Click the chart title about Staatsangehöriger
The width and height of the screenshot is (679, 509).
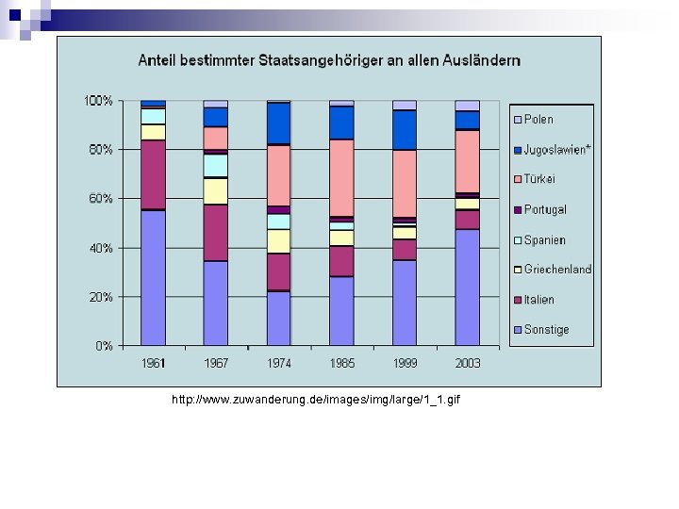pos(329,60)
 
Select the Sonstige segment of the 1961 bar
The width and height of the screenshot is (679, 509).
pos(153,278)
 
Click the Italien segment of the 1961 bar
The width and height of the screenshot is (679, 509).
pos(153,174)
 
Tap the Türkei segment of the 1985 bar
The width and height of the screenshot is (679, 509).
pos(341,177)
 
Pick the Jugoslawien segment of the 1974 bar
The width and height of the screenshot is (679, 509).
pos(278,123)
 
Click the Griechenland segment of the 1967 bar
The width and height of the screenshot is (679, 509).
pos(215,191)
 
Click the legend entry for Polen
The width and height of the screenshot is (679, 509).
pos(538,120)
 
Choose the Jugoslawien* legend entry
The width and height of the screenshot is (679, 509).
pos(557,150)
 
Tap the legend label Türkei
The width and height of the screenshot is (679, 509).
pos(539,179)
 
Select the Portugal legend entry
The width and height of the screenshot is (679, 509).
pos(545,209)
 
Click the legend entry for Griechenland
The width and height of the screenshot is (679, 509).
pos(557,270)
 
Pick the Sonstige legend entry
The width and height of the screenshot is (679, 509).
pos(546,330)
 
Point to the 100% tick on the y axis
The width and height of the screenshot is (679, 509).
pos(98,101)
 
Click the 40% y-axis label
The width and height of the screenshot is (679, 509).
pos(101,248)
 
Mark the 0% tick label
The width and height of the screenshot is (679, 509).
pos(104,346)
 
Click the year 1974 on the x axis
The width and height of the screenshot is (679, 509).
pos(279,363)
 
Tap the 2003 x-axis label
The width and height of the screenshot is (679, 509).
pos(467,363)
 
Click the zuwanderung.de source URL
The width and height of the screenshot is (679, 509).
pos(316,401)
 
